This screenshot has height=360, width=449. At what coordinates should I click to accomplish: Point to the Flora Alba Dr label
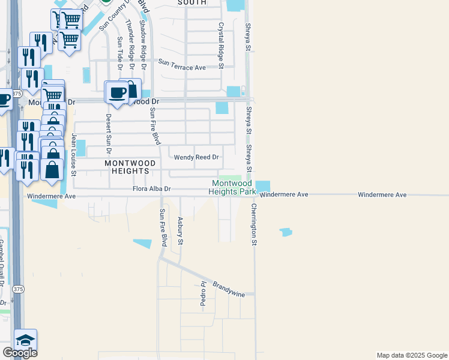(x=152, y=189)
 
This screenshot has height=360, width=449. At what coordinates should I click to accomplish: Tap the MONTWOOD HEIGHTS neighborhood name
(x=130, y=167)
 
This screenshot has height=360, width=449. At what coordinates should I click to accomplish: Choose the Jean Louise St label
(x=74, y=155)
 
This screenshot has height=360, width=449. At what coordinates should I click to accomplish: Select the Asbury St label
(x=179, y=232)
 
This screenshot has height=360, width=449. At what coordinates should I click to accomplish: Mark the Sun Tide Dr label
(x=120, y=50)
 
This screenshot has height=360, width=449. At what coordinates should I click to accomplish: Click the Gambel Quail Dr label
(x=2, y=264)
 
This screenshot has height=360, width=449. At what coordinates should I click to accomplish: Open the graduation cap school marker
(x=26, y=340)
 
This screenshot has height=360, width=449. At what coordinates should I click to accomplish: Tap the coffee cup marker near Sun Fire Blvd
(x=116, y=93)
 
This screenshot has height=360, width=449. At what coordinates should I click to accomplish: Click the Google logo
(x=20, y=353)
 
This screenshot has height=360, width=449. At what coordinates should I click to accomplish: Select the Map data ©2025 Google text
(x=412, y=355)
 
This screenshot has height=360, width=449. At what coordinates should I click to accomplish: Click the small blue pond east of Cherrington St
(x=286, y=232)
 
